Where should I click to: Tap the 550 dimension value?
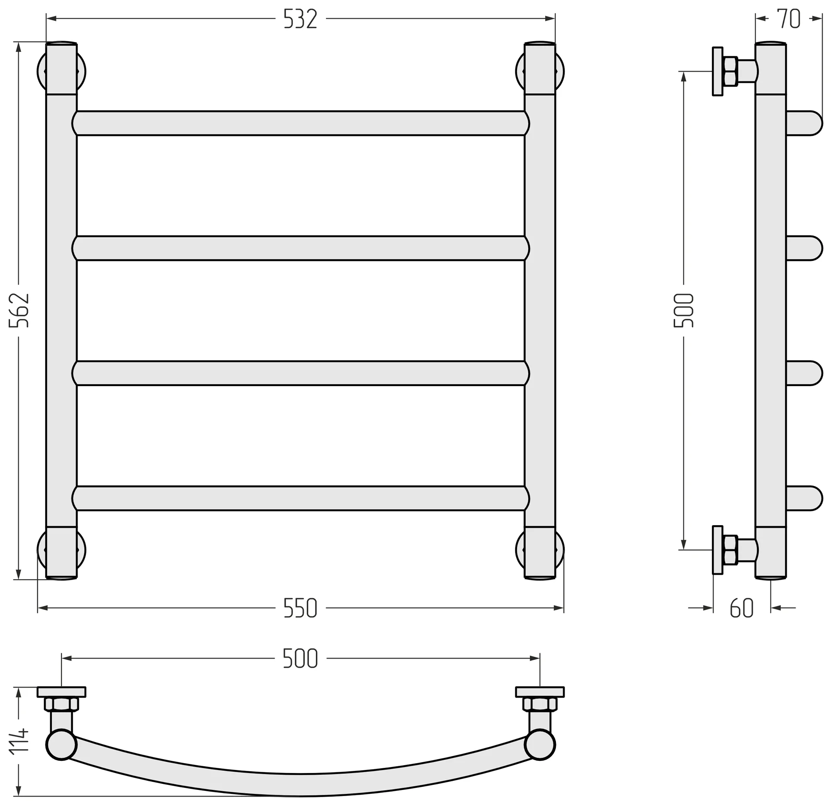click(x=300, y=608)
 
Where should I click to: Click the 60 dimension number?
click(x=742, y=608)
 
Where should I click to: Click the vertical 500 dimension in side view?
click(x=684, y=310)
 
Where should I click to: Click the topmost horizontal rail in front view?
click(x=301, y=123)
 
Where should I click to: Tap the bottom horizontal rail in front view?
click(x=301, y=498)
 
